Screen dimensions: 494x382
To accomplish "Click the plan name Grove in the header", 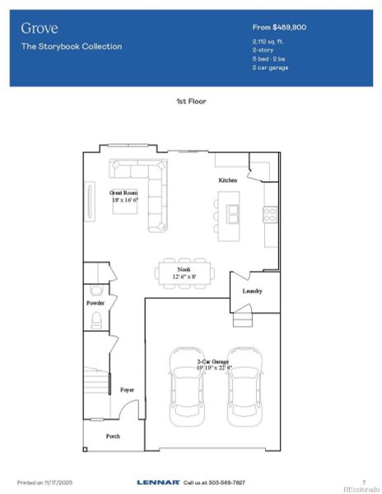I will point(40,29).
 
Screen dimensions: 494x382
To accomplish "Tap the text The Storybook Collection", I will point(72,47).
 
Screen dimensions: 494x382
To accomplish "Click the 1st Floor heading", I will point(190,101).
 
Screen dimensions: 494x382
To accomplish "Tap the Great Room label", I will point(124,193).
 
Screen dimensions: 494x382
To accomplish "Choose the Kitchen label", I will point(227,179).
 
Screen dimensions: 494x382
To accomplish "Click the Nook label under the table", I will point(184,269).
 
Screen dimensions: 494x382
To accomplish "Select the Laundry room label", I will point(252,291).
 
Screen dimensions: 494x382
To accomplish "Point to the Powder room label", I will point(95,303).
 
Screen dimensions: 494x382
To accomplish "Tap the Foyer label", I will point(127,389).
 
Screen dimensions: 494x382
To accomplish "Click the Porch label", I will point(113,436).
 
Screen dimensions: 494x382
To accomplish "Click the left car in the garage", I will point(185,387).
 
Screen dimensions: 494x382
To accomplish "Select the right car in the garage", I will point(244,387).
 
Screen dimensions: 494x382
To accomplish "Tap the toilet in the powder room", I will point(96,319).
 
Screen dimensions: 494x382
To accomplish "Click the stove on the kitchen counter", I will point(269,214).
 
